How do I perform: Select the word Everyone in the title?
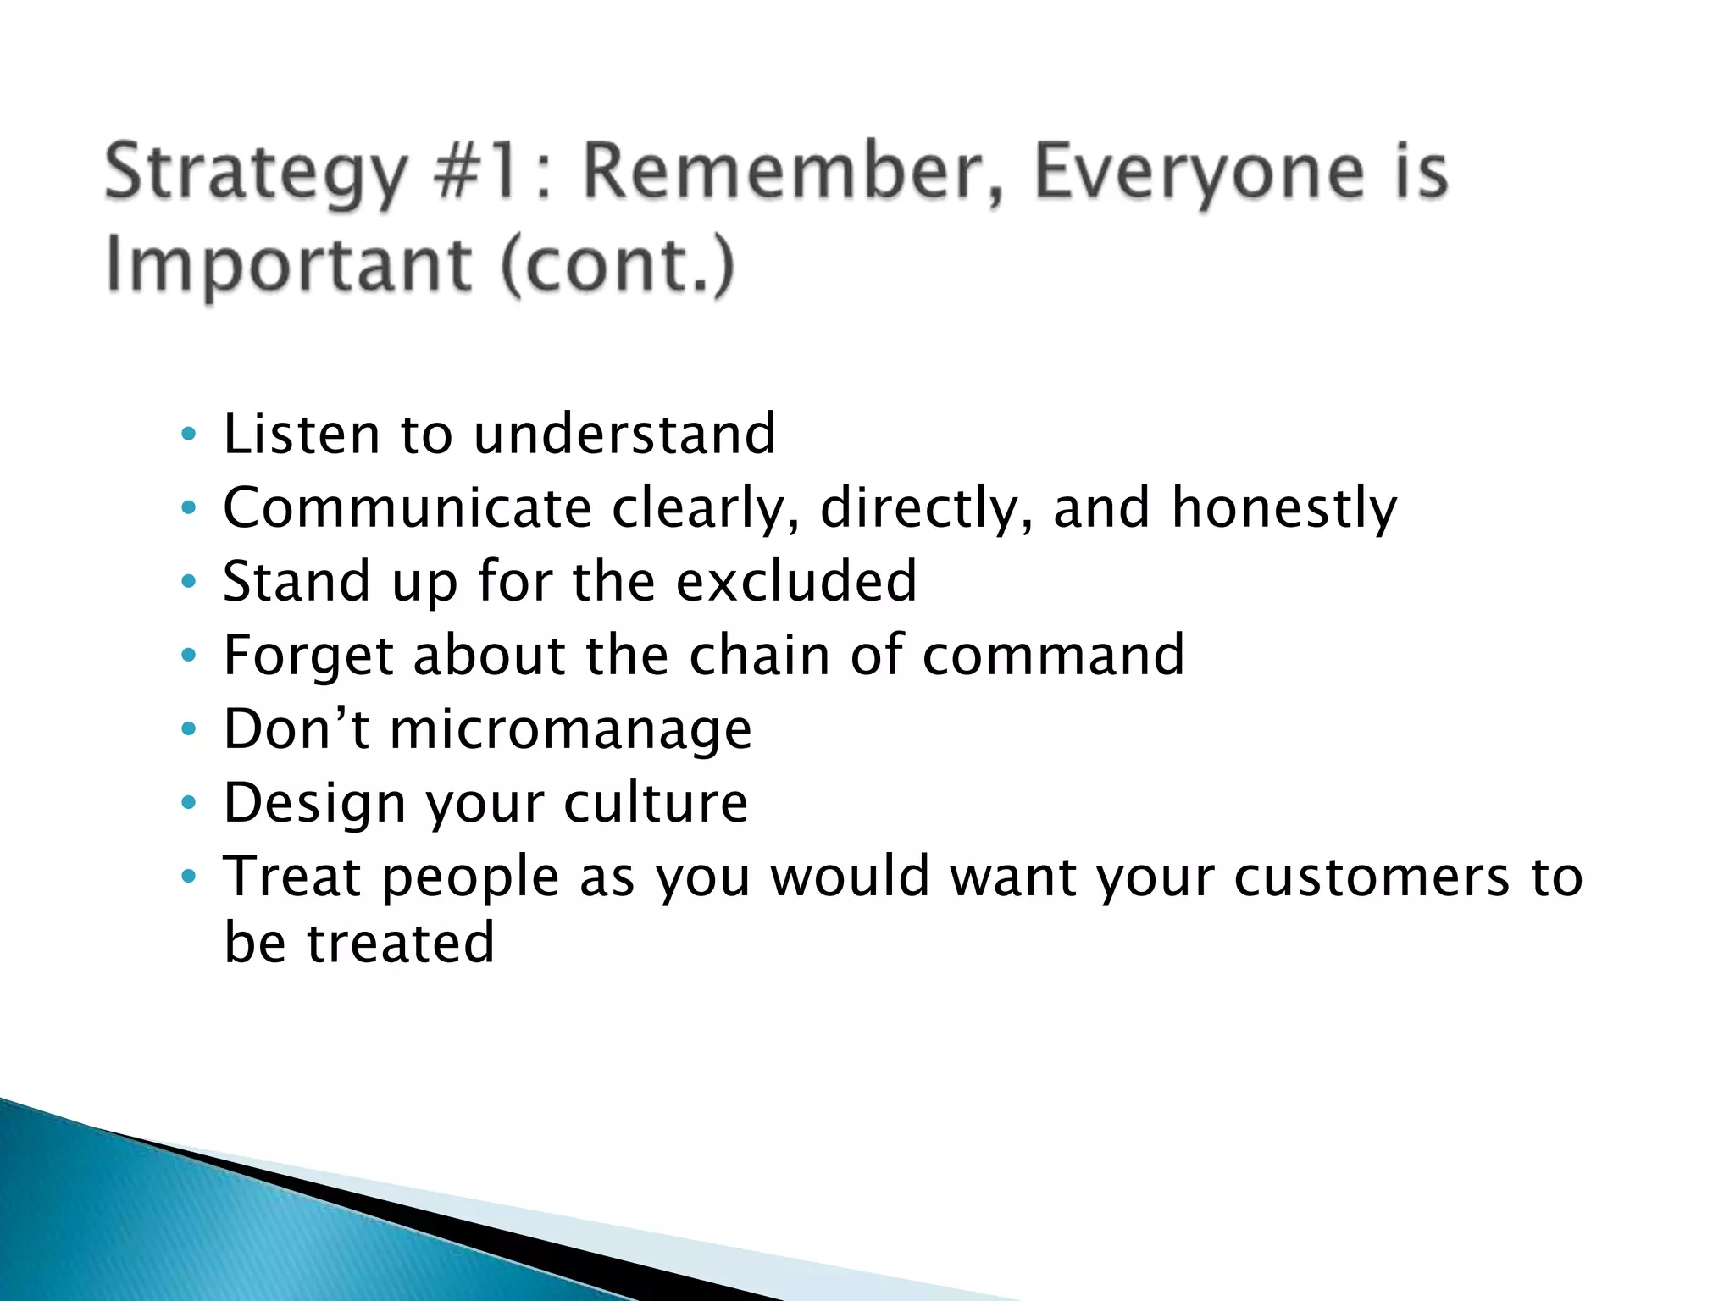tap(1200, 174)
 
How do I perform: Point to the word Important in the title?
tap(288, 267)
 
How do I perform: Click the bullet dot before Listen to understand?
tap(189, 435)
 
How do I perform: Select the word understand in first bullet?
tap(624, 434)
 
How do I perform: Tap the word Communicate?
tap(407, 508)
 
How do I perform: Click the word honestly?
tap(1284, 508)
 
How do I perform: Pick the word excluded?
tap(797, 582)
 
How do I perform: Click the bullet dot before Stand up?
tap(189, 583)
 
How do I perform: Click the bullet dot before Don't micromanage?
tap(189, 730)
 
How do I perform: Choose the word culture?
tap(656, 803)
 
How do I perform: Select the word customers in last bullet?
tap(1372, 877)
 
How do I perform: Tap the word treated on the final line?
tap(400, 943)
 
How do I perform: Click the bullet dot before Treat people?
tap(189, 877)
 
